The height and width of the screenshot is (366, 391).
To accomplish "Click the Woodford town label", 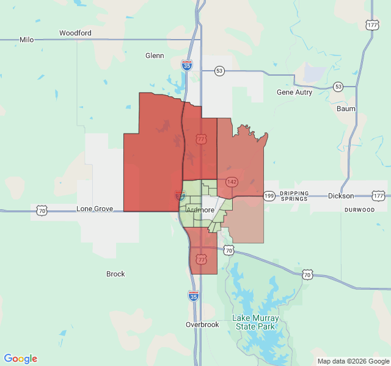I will pos(75,33).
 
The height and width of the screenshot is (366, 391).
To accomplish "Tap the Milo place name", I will pos(27,40).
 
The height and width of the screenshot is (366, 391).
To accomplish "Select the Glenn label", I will pos(155,56).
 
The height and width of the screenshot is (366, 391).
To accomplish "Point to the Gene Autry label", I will pos(294,93).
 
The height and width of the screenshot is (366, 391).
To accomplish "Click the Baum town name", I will pos(346,109).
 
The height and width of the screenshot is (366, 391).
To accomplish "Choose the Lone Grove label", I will pos(95,209).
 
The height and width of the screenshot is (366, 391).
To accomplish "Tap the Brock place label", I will pos(115,274).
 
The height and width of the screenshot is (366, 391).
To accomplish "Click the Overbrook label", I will pos(202,325).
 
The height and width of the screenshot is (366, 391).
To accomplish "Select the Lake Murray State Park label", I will pos(255,322).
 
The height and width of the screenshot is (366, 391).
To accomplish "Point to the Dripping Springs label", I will pos(295,196).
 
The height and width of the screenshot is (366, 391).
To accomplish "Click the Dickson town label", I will pos(341,196).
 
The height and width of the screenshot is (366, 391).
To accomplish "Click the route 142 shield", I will pos(232,182).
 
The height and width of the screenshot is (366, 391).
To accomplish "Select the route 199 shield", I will pos(269,196).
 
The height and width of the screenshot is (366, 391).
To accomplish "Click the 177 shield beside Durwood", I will pos(378,196).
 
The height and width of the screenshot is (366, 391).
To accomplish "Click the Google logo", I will pos(21,359).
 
